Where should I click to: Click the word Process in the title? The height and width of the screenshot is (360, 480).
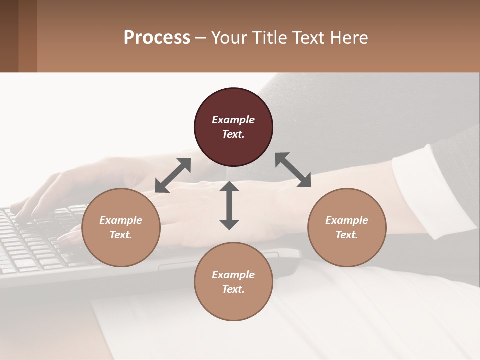[x=157, y=38]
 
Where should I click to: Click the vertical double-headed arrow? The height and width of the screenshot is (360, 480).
[x=229, y=205]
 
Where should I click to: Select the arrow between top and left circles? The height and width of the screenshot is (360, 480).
[x=173, y=175]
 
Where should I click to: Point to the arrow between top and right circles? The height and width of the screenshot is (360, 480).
[x=293, y=170]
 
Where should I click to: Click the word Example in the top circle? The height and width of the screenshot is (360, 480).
[x=233, y=120]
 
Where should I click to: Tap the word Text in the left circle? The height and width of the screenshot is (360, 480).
[x=121, y=235]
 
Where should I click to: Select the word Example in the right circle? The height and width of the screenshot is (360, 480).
[x=347, y=220]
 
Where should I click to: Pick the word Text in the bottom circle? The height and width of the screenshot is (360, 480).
[x=233, y=289]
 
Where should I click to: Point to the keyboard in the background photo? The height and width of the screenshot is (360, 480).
[x=35, y=245]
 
